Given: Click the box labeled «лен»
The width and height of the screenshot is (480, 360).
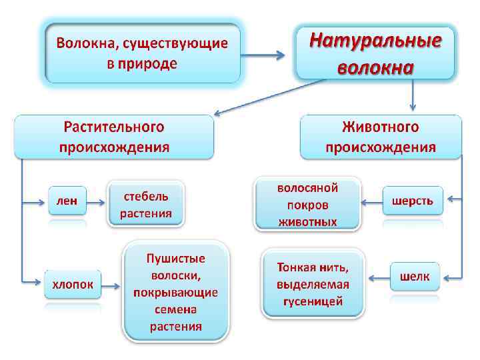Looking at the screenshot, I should tap(67, 200).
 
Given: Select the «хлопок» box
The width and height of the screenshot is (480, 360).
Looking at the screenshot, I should tap(73, 285).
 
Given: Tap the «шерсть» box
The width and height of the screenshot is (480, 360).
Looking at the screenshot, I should tap(413, 200).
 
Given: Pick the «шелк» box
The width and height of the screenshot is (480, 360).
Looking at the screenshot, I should tap(415, 275).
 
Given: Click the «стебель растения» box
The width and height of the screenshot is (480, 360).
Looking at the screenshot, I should tap(146, 205).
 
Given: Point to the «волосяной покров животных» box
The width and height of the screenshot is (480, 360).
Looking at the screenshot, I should tap(307, 204).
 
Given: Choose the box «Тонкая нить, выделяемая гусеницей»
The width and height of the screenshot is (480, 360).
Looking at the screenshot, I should tap(313, 284).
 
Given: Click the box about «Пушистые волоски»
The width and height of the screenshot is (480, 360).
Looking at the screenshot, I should tap(175, 291).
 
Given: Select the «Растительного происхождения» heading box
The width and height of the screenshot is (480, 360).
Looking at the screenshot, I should tap(114, 137).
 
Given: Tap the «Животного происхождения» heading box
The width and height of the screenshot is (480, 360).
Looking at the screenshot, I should tap(381, 137).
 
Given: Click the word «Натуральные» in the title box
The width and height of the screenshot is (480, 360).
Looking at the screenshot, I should tap(375, 41).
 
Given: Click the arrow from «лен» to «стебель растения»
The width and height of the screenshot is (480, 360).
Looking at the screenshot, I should tap(97, 201).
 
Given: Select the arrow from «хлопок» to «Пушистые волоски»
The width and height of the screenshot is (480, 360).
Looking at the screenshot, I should tap(111, 287).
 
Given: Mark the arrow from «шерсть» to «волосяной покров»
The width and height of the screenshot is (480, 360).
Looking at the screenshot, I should tap(371, 200).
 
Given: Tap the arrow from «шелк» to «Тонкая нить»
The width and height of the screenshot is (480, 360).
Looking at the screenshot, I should tap(379, 276).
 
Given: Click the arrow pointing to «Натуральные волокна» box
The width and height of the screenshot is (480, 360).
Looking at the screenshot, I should tap(267, 55).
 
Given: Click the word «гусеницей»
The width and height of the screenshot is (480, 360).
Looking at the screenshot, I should tap(313, 301).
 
